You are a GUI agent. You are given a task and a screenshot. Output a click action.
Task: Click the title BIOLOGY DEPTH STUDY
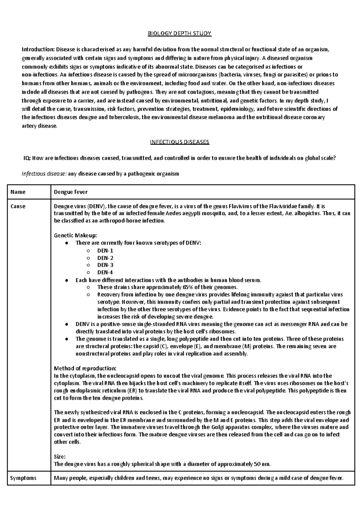point(179,34)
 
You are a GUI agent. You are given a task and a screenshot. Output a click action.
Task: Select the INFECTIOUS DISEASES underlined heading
point(179,142)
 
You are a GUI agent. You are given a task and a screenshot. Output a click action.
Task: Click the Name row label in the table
point(18,192)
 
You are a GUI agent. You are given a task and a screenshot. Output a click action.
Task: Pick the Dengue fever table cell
point(70,192)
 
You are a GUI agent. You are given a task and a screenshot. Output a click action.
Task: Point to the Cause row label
point(18,206)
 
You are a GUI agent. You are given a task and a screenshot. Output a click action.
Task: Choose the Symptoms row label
point(23,478)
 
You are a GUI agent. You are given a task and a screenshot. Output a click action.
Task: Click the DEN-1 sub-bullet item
point(105,250)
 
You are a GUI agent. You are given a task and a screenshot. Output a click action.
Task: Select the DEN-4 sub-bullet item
point(105,272)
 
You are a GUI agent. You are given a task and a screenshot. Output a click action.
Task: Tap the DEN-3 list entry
point(105,265)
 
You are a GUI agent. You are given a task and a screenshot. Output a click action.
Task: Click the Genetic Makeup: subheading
point(75,235)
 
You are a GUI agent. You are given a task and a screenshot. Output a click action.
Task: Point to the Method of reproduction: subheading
point(85,368)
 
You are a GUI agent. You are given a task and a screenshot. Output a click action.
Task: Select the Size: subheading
point(59,457)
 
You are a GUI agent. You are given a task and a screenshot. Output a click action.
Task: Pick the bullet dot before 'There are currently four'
point(66,243)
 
